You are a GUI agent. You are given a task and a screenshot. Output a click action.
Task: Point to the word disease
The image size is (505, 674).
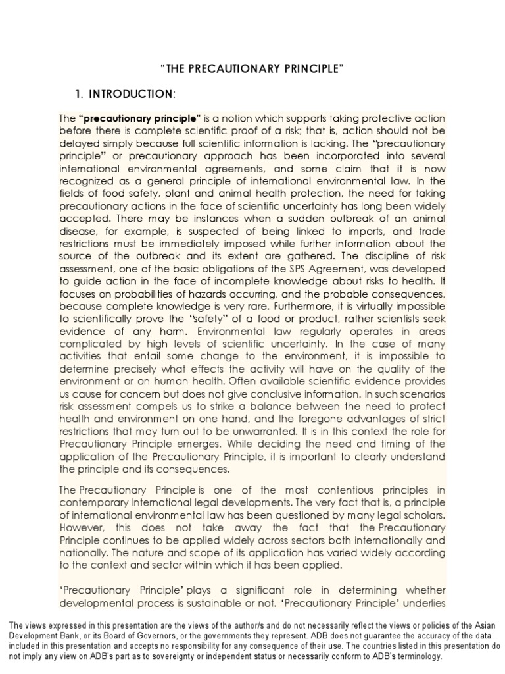[78, 232]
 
